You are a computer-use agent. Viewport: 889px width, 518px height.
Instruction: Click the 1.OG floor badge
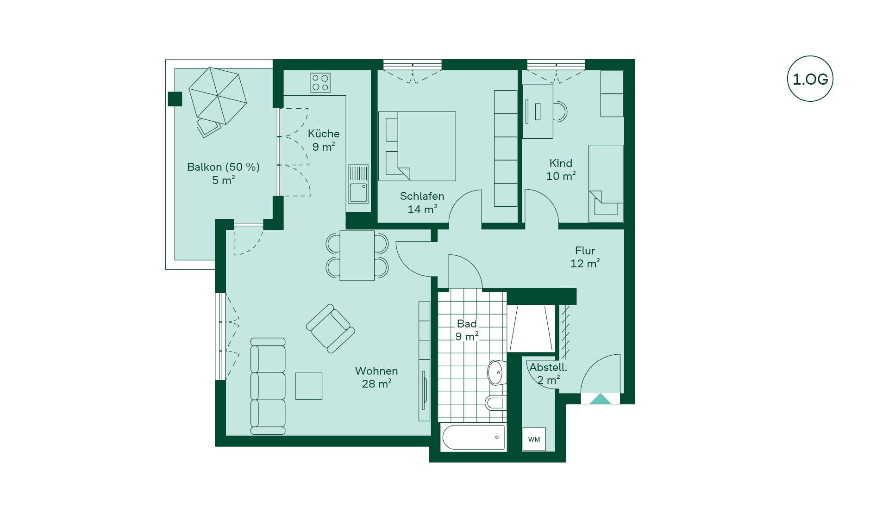[810, 79]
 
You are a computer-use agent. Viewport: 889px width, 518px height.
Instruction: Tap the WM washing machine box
[534, 439]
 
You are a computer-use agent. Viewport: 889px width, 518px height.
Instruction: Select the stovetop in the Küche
[320, 83]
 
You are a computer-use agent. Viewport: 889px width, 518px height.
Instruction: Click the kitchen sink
[358, 184]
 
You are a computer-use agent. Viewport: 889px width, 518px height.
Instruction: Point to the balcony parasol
[218, 96]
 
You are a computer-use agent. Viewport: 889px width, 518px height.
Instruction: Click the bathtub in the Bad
[473, 437]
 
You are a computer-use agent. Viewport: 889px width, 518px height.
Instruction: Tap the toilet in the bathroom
[495, 402]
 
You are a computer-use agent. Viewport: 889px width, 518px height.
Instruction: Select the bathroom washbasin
[497, 372]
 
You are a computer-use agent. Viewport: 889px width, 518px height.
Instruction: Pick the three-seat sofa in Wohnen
[268, 386]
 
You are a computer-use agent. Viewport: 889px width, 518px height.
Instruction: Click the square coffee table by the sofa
[309, 386]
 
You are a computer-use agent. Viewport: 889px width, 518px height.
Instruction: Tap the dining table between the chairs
[357, 256]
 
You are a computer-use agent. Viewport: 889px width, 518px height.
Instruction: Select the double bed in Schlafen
[417, 146]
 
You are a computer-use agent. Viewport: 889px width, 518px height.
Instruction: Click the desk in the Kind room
[538, 111]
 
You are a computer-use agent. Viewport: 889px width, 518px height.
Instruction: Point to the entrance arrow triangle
[600, 399]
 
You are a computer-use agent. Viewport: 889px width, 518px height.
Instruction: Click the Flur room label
[585, 251]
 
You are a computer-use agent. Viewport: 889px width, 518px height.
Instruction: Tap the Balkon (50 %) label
[223, 167]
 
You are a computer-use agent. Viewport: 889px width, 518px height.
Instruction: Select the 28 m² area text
[376, 384]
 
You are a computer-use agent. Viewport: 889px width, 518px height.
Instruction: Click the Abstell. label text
[548, 367]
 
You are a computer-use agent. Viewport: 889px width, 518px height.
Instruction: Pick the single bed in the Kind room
[606, 184]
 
